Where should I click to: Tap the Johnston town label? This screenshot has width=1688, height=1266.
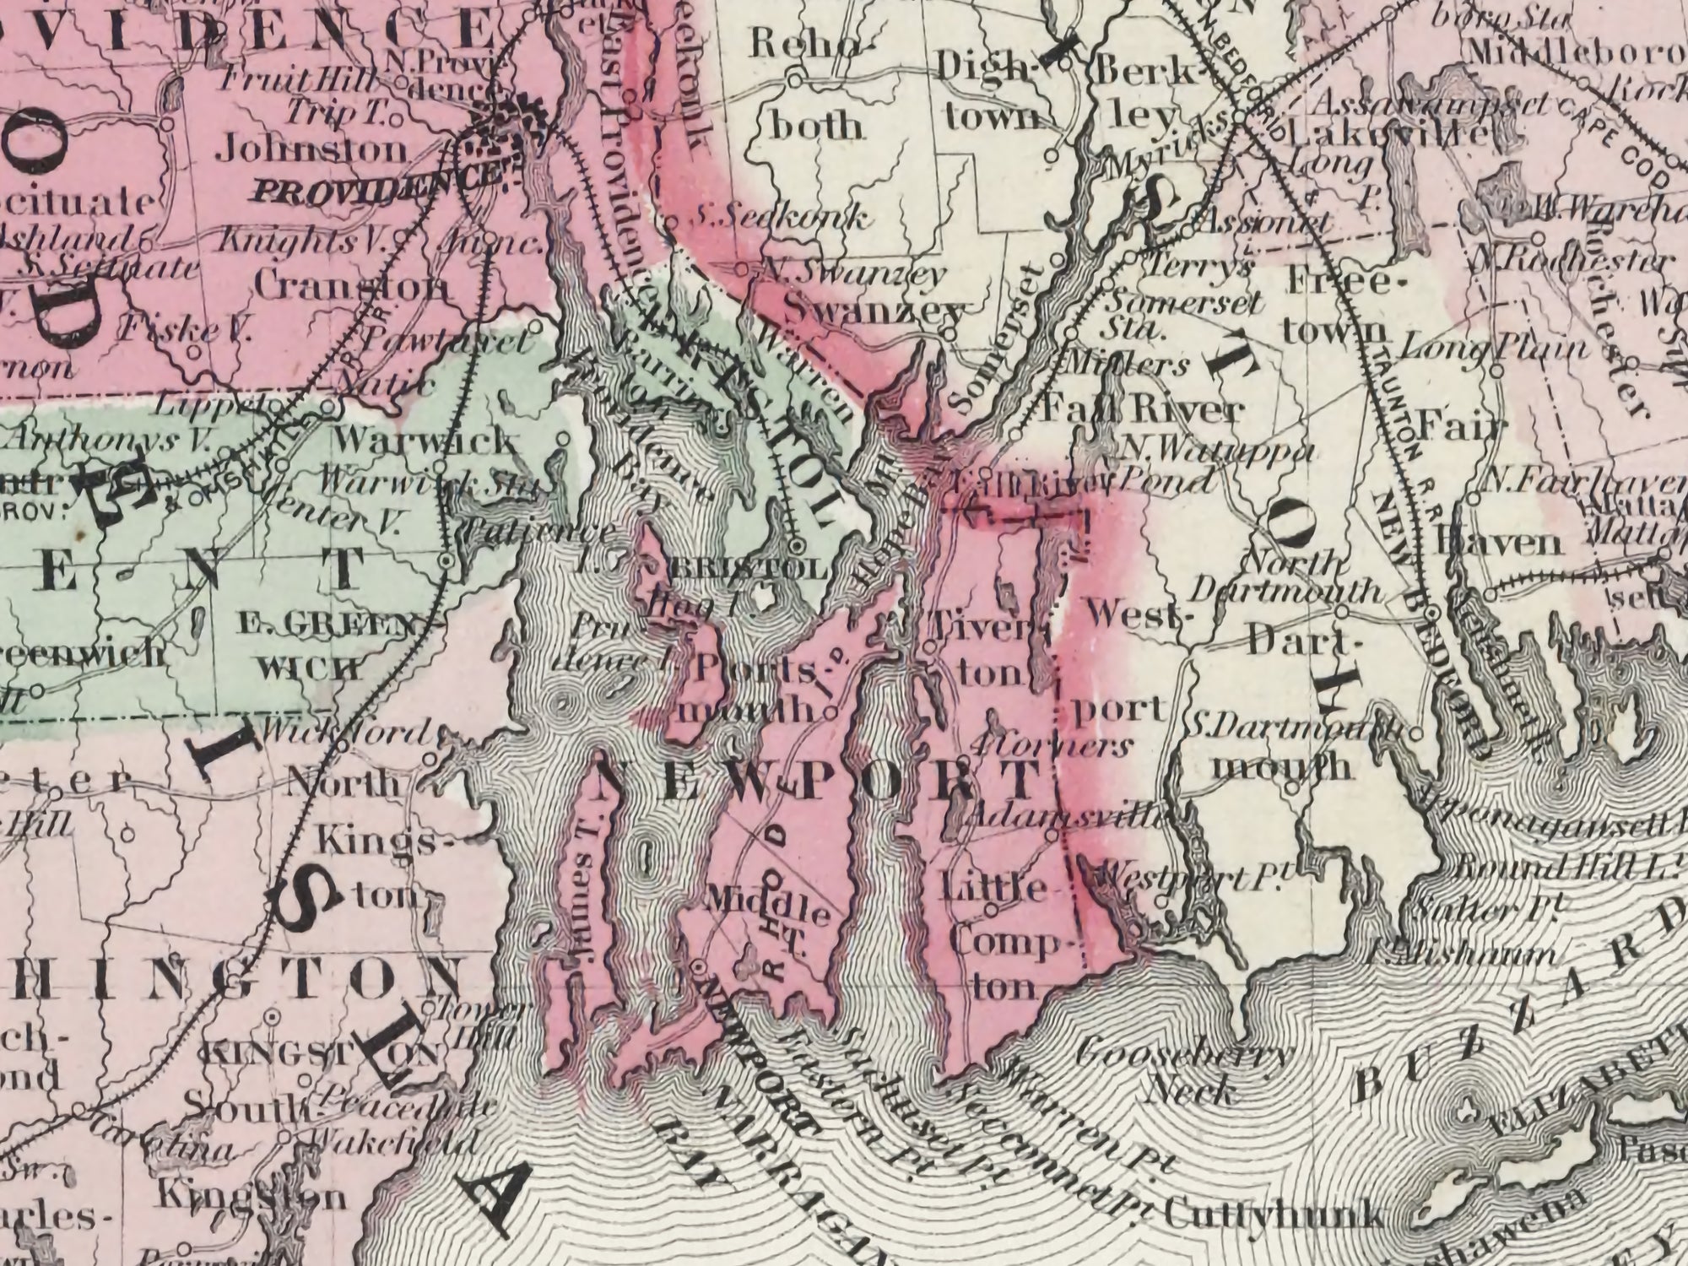point(311,151)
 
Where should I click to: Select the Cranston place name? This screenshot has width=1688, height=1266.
point(350,287)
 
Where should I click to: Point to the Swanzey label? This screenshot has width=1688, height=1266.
point(874,311)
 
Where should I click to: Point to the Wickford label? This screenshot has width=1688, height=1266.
point(346,730)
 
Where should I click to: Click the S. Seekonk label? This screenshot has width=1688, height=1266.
point(776,219)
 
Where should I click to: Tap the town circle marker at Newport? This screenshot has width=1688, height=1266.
point(700,965)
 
